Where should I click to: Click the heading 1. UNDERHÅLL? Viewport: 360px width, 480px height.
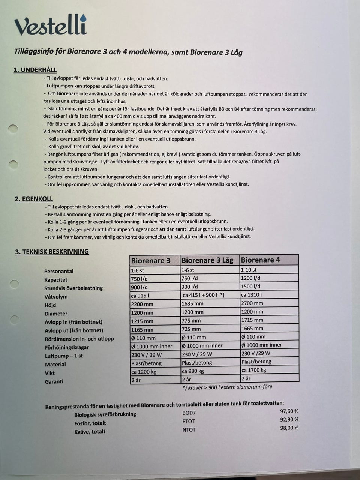pyautogui.click(x=35, y=70)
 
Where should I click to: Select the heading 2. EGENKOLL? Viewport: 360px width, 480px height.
pyautogui.click(x=34, y=199)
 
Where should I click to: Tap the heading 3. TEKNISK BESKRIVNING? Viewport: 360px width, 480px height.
pyautogui.click(x=52, y=252)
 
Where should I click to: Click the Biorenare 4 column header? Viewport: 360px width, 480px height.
pyautogui.click(x=260, y=260)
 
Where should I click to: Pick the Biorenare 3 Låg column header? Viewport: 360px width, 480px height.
pyautogui.click(x=207, y=260)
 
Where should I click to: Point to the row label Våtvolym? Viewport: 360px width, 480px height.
pyautogui.click(x=56, y=297)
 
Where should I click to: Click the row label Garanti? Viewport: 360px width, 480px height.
pyautogui.click(x=54, y=381)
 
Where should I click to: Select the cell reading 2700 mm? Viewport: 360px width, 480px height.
pyautogui.click(x=252, y=303)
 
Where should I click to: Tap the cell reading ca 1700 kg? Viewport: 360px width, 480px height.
pyautogui.click(x=254, y=370)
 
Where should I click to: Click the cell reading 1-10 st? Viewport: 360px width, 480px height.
pyautogui.click(x=249, y=270)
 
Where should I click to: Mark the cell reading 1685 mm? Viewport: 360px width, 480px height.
pyautogui.click(x=192, y=303)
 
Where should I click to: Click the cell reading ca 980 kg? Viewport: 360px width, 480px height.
pyautogui.click(x=193, y=371)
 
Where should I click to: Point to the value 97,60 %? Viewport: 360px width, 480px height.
pyautogui.click(x=289, y=411)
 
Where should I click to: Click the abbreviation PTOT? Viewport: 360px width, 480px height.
pyautogui.click(x=189, y=421)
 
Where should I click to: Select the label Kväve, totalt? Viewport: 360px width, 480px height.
pyautogui.click(x=90, y=432)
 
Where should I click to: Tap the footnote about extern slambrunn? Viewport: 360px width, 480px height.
pyautogui.click(x=227, y=387)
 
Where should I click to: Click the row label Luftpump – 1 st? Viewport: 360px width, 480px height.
pyautogui.click(x=64, y=356)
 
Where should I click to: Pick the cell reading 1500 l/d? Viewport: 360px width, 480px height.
pyautogui.click(x=251, y=286)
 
